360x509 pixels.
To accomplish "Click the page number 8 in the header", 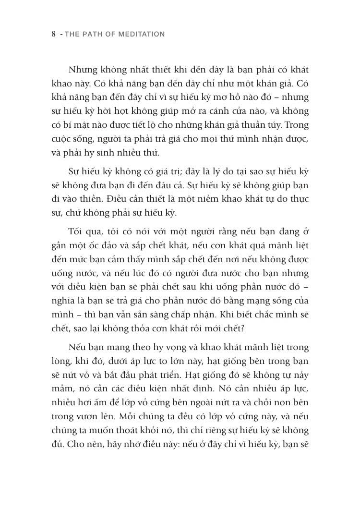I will (54, 34).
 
